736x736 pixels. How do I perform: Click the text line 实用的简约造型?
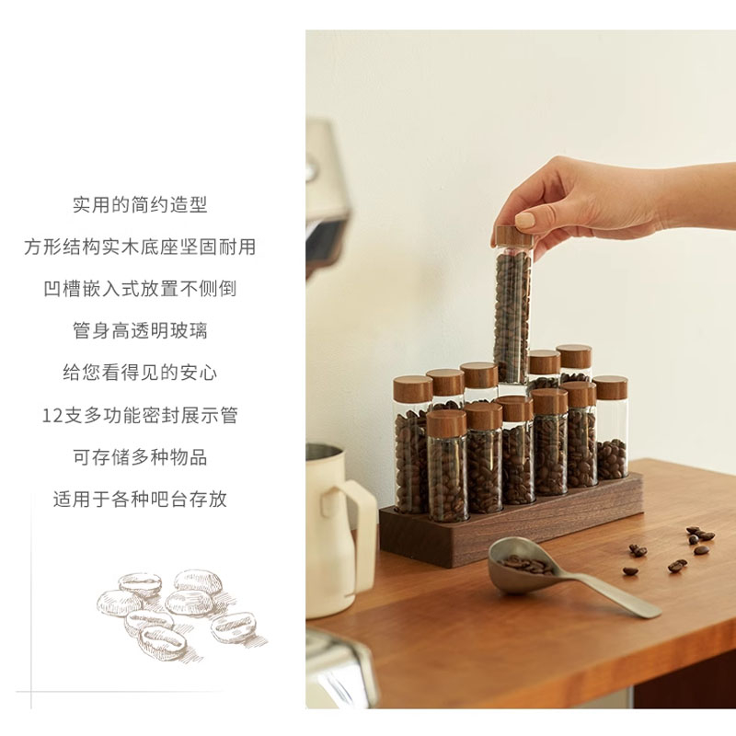coord(140,204)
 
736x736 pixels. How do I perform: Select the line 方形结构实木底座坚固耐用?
coord(140,247)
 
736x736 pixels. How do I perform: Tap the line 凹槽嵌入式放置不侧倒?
coord(140,289)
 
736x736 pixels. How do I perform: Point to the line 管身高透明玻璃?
coord(140,330)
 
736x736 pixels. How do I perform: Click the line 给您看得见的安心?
coord(140,373)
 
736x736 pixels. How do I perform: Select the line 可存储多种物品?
coord(140,456)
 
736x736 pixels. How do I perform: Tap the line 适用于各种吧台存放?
coord(140,499)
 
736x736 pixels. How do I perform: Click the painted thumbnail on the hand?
coord(524,220)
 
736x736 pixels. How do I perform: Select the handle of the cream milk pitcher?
coord(357,525)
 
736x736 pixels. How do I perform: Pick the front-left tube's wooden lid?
coord(446,423)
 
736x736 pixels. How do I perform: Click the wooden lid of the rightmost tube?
coord(610,387)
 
